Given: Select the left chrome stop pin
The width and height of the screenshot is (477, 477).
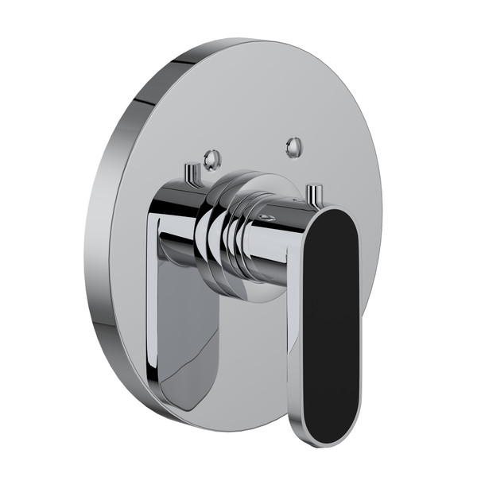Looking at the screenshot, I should click(191, 173).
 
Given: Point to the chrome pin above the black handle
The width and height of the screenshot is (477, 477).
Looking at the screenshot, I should click(316, 194).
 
